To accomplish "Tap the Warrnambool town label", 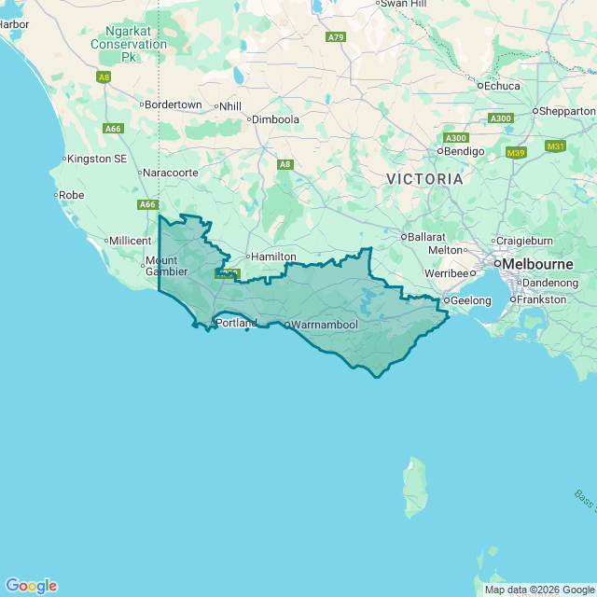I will pos(324,325).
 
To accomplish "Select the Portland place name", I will pos(236,323).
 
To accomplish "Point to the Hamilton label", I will pos(274,257).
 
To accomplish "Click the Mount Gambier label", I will pos(160,266).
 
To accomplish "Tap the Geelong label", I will pos(471,300).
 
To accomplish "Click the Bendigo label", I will pos(465,150).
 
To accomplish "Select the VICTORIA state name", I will pos(424,177).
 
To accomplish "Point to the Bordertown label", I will pos(174,104).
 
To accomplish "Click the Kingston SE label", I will pos(97,159).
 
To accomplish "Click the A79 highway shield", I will pos(336,37).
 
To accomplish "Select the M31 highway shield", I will pos(556,146).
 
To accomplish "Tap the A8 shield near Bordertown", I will pos(104,76).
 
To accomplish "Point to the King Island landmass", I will pos(415,489).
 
